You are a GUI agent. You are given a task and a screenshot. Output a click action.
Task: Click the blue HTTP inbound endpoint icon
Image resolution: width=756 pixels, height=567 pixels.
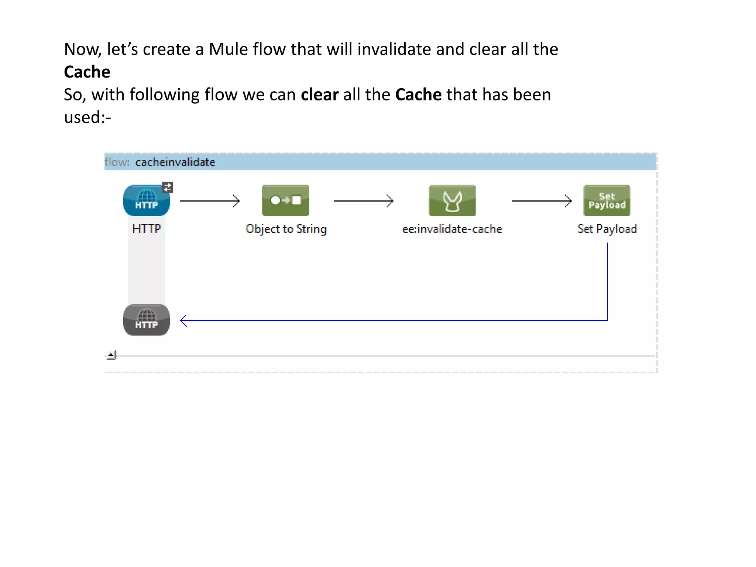click(147, 200)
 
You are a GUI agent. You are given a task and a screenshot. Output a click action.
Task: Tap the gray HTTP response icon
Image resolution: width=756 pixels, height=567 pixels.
click(147, 320)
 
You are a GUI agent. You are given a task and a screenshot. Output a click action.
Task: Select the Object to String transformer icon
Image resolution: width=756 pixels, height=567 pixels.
click(285, 200)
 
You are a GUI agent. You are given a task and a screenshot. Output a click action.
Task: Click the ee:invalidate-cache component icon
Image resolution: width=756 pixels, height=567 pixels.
click(452, 200)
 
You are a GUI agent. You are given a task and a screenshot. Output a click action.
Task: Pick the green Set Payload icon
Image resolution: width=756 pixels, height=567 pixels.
click(606, 200)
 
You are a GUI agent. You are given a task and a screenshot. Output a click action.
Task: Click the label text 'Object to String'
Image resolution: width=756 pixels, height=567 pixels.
click(286, 229)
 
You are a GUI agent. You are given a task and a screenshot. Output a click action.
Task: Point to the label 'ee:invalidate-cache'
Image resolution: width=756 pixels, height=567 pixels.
click(452, 229)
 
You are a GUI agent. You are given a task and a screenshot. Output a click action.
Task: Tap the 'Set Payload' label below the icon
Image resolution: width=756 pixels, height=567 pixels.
click(607, 229)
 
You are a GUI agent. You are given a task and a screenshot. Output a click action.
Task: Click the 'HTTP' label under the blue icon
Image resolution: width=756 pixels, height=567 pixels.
click(147, 229)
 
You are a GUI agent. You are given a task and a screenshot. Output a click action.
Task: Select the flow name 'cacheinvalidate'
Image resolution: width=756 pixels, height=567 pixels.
click(175, 162)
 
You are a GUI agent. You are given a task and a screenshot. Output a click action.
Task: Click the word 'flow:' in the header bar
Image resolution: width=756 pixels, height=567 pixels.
click(117, 162)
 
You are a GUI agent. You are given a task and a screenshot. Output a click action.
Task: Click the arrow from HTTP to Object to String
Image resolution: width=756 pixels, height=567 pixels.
click(210, 201)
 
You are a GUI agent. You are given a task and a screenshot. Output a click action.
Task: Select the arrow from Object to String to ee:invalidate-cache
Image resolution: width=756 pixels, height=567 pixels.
click(363, 201)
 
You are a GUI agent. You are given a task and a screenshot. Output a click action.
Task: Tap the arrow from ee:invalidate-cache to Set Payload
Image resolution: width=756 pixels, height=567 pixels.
click(542, 201)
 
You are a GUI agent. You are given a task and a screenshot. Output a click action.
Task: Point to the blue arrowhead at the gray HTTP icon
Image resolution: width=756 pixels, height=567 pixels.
click(183, 320)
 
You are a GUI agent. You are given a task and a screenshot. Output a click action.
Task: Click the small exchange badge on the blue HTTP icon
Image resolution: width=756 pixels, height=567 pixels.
click(168, 187)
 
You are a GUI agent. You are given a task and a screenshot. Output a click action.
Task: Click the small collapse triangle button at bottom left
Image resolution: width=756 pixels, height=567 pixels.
click(111, 355)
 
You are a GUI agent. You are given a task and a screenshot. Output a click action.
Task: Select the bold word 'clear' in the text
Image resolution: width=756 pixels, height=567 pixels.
click(319, 94)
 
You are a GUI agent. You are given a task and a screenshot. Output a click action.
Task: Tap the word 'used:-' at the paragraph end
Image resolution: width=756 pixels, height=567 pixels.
click(87, 117)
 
